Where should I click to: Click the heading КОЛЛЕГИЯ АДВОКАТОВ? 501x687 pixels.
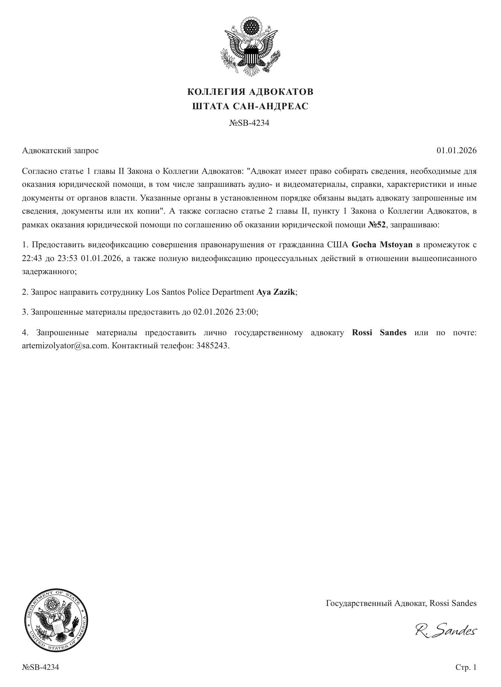250,92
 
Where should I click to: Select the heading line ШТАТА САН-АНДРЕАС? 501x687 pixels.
250,106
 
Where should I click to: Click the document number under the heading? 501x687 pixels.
249,123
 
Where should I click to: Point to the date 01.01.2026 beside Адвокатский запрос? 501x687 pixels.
456,150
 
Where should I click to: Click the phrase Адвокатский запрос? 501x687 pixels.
60,150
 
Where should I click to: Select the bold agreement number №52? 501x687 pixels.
377,225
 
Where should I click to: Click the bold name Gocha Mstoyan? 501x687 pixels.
382,245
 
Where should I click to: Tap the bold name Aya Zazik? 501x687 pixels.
276,292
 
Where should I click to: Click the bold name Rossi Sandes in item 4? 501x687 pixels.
379,333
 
